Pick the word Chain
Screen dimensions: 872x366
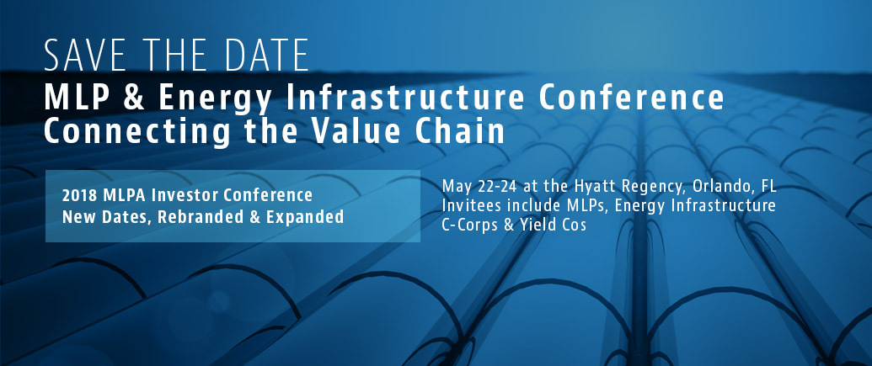point(462,131)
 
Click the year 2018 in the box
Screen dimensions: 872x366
point(78,195)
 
